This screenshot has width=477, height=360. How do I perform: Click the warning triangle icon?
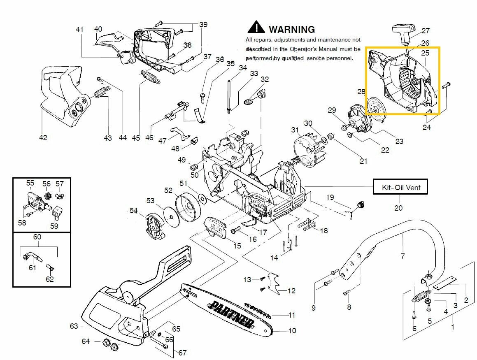pyautogui.click(x=256, y=27)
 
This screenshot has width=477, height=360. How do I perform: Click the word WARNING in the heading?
pyautogui.click(x=291, y=29)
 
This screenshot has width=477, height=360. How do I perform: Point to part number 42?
pyautogui.click(x=43, y=138)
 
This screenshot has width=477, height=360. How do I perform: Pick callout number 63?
pyautogui.click(x=74, y=327)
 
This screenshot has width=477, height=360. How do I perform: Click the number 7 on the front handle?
pyautogui.click(x=403, y=256)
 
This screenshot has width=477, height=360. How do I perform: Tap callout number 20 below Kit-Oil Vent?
pyautogui.click(x=398, y=208)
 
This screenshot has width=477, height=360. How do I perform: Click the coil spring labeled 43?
pyautogui.click(x=100, y=94)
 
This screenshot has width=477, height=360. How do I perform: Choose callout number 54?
pyautogui.click(x=133, y=210)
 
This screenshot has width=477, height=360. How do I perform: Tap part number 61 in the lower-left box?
pyautogui.click(x=33, y=268)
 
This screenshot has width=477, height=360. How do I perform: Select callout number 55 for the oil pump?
pyautogui.click(x=30, y=183)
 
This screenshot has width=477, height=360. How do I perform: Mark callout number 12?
pyautogui.click(x=291, y=291)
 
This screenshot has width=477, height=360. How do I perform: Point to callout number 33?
pyautogui.click(x=254, y=73)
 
